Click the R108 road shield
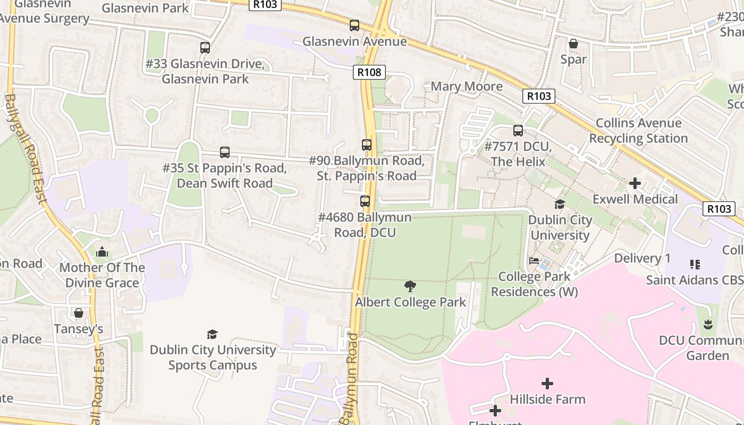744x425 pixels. [x=369, y=72]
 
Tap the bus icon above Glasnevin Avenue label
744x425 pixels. [x=354, y=25]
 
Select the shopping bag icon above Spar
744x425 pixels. [x=573, y=43]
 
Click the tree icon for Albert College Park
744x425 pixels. [x=410, y=286]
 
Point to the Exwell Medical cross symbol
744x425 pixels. [x=635, y=183]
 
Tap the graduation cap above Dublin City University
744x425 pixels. [x=560, y=204]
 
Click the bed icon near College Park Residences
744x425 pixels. [x=534, y=261]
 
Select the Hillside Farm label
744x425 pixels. [x=547, y=399]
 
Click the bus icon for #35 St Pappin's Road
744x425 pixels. [x=225, y=152]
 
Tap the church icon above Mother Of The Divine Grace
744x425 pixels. [x=102, y=252]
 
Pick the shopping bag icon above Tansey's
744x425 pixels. [x=79, y=313]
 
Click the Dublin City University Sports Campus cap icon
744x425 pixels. [x=212, y=334]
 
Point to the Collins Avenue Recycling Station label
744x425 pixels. [x=638, y=131]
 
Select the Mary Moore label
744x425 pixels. [x=467, y=87]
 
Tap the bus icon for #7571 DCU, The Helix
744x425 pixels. [x=518, y=130]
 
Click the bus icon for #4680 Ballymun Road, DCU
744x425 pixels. [x=365, y=201]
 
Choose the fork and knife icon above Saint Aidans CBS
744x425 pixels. [x=694, y=264]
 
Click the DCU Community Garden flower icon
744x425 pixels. [x=707, y=324]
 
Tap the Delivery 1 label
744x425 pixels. [x=642, y=259]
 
